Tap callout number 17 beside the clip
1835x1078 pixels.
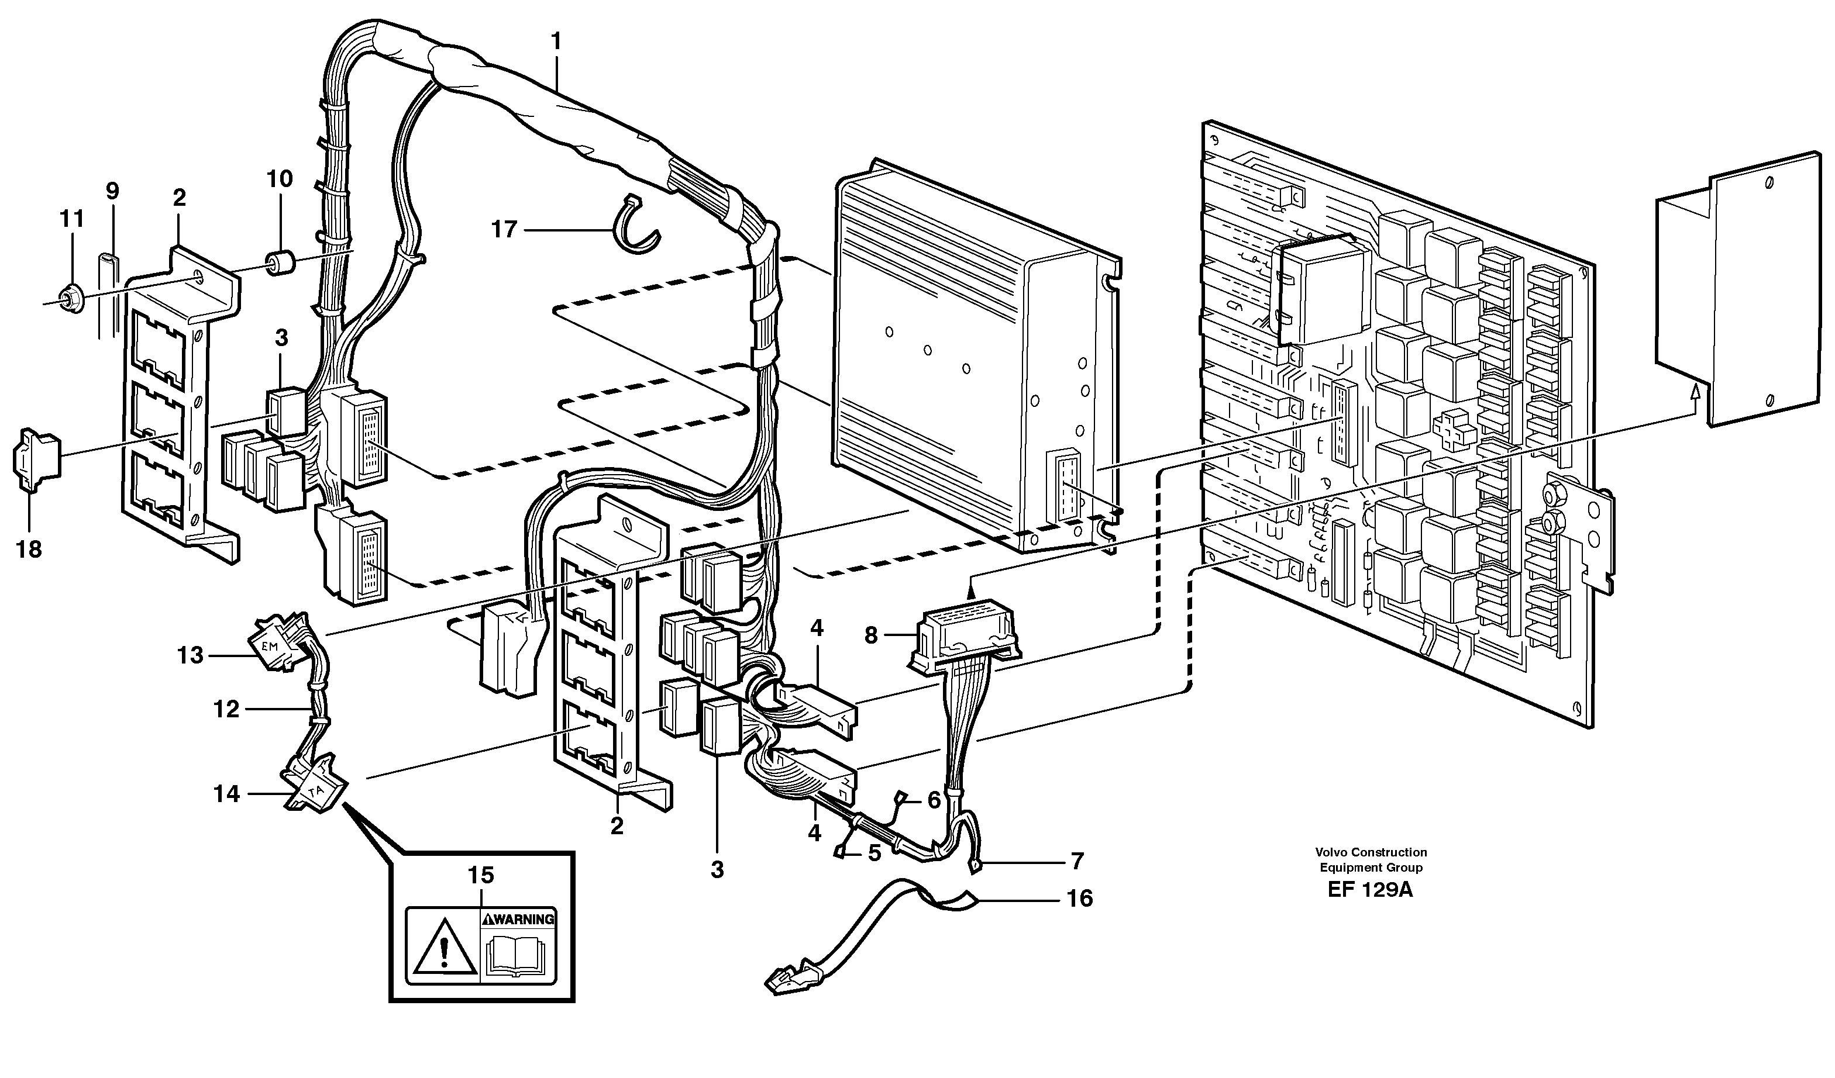click(504, 230)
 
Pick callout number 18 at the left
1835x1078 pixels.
click(29, 550)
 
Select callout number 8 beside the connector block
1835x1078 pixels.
click(871, 636)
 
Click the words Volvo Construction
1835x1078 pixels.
click(1371, 852)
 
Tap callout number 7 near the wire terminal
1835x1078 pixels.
click(1077, 861)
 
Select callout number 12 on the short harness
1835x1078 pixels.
click(226, 709)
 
